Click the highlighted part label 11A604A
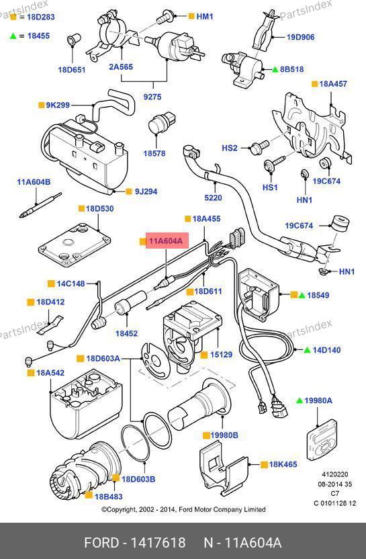[166, 241]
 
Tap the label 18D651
[72, 69]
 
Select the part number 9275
[152, 97]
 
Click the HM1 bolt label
[205, 16]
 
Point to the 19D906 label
[300, 37]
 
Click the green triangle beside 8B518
[275, 69]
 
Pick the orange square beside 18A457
[315, 84]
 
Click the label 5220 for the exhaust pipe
[213, 198]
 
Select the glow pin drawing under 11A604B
[40, 206]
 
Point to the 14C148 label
[71, 284]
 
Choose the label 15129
[221, 355]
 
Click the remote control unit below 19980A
[322, 440]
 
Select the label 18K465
[283, 464]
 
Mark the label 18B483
[108, 497]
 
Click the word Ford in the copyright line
[185, 509]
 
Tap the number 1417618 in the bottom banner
[158, 543]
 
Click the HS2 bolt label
[230, 148]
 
